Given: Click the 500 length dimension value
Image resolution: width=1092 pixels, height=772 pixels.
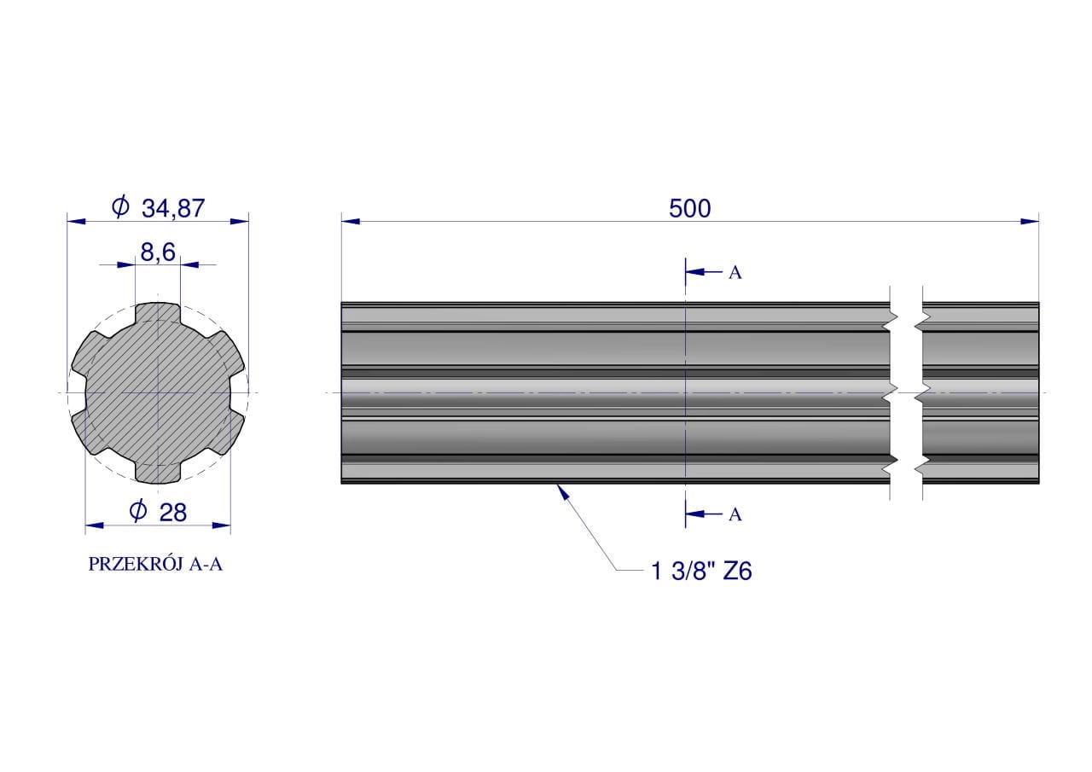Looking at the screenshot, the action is [x=690, y=209].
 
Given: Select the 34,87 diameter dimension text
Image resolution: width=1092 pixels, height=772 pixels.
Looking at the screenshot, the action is [x=173, y=209].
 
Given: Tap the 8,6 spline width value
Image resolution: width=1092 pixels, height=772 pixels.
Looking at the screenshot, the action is [x=158, y=252].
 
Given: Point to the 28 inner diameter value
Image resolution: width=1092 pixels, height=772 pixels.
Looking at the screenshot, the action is [x=173, y=512].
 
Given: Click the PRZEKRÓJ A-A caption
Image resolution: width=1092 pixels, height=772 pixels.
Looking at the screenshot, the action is [x=155, y=565].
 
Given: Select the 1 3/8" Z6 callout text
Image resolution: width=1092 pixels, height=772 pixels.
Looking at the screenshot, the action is [x=701, y=572].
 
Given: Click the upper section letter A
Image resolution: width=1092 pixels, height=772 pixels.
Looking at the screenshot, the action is [x=735, y=273].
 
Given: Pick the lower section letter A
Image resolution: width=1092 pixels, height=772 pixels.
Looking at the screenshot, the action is [x=735, y=514].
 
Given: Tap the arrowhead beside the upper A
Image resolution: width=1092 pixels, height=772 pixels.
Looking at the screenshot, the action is [x=695, y=271].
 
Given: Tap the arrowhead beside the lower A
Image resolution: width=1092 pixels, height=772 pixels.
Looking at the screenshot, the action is [x=695, y=514].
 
